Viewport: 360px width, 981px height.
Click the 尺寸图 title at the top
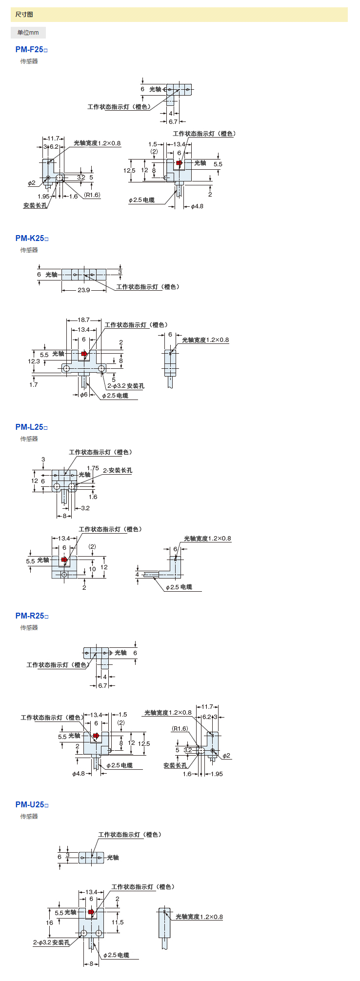pos(24,15)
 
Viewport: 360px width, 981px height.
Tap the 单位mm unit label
pos(28,33)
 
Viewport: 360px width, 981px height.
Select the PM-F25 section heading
pos(31,49)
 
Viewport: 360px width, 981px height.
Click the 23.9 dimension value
pos(84,290)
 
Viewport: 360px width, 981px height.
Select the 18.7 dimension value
pos(84,320)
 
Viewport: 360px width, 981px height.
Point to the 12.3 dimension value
pos(34,361)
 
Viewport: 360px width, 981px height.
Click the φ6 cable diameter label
pos(84,395)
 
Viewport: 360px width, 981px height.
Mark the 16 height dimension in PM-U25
pos(49,922)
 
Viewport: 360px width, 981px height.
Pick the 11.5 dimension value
pos(118,922)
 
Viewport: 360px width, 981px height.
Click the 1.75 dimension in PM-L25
pos(93,468)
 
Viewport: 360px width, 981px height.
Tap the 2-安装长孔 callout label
pos(118,470)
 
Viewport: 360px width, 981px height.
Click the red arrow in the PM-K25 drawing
pos(84,353)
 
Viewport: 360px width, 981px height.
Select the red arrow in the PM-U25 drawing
pos(91,912)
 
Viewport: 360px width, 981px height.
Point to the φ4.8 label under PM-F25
pos(197,206)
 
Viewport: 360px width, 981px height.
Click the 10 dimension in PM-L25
pos(92,569)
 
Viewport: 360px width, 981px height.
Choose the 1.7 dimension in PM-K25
pos(33,385)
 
